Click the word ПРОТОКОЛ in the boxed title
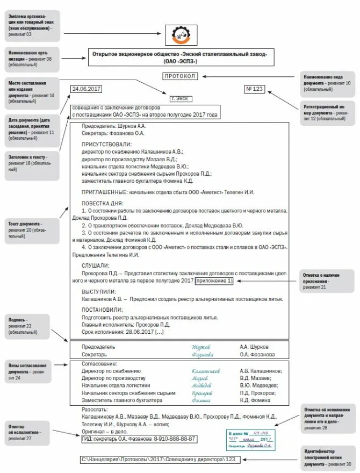[x=181, y=76]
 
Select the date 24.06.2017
[x=86, y=89]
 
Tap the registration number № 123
[x=255, y=89]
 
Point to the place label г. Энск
[x=181, y=99]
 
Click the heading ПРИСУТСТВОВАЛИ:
[x=106, y=145]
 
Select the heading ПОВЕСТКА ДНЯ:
[x=103, y=203]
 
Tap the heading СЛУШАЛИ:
[x=96, y=266]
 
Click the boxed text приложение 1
[x=214, y=281]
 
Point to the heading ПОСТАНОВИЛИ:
[x=102, y=310]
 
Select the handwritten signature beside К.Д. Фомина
[x=201, y=400]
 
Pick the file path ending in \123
[x=159, y=460]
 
